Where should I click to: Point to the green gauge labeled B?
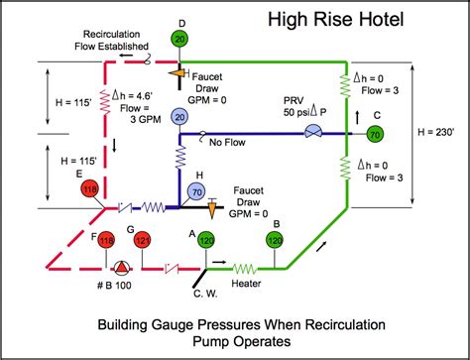pos(275,241)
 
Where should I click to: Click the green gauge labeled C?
pos(374,133)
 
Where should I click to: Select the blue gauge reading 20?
pos(179,117)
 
